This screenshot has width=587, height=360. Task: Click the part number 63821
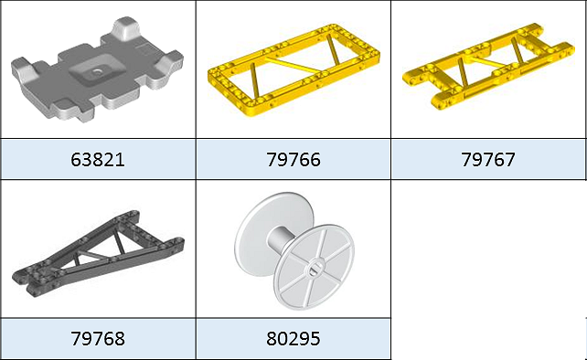[97, 160]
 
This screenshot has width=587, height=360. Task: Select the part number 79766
[293, 160]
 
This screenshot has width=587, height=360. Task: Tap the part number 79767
[488, 160]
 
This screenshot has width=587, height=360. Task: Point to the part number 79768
[97, 339]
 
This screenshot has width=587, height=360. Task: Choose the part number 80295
[293, 339]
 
